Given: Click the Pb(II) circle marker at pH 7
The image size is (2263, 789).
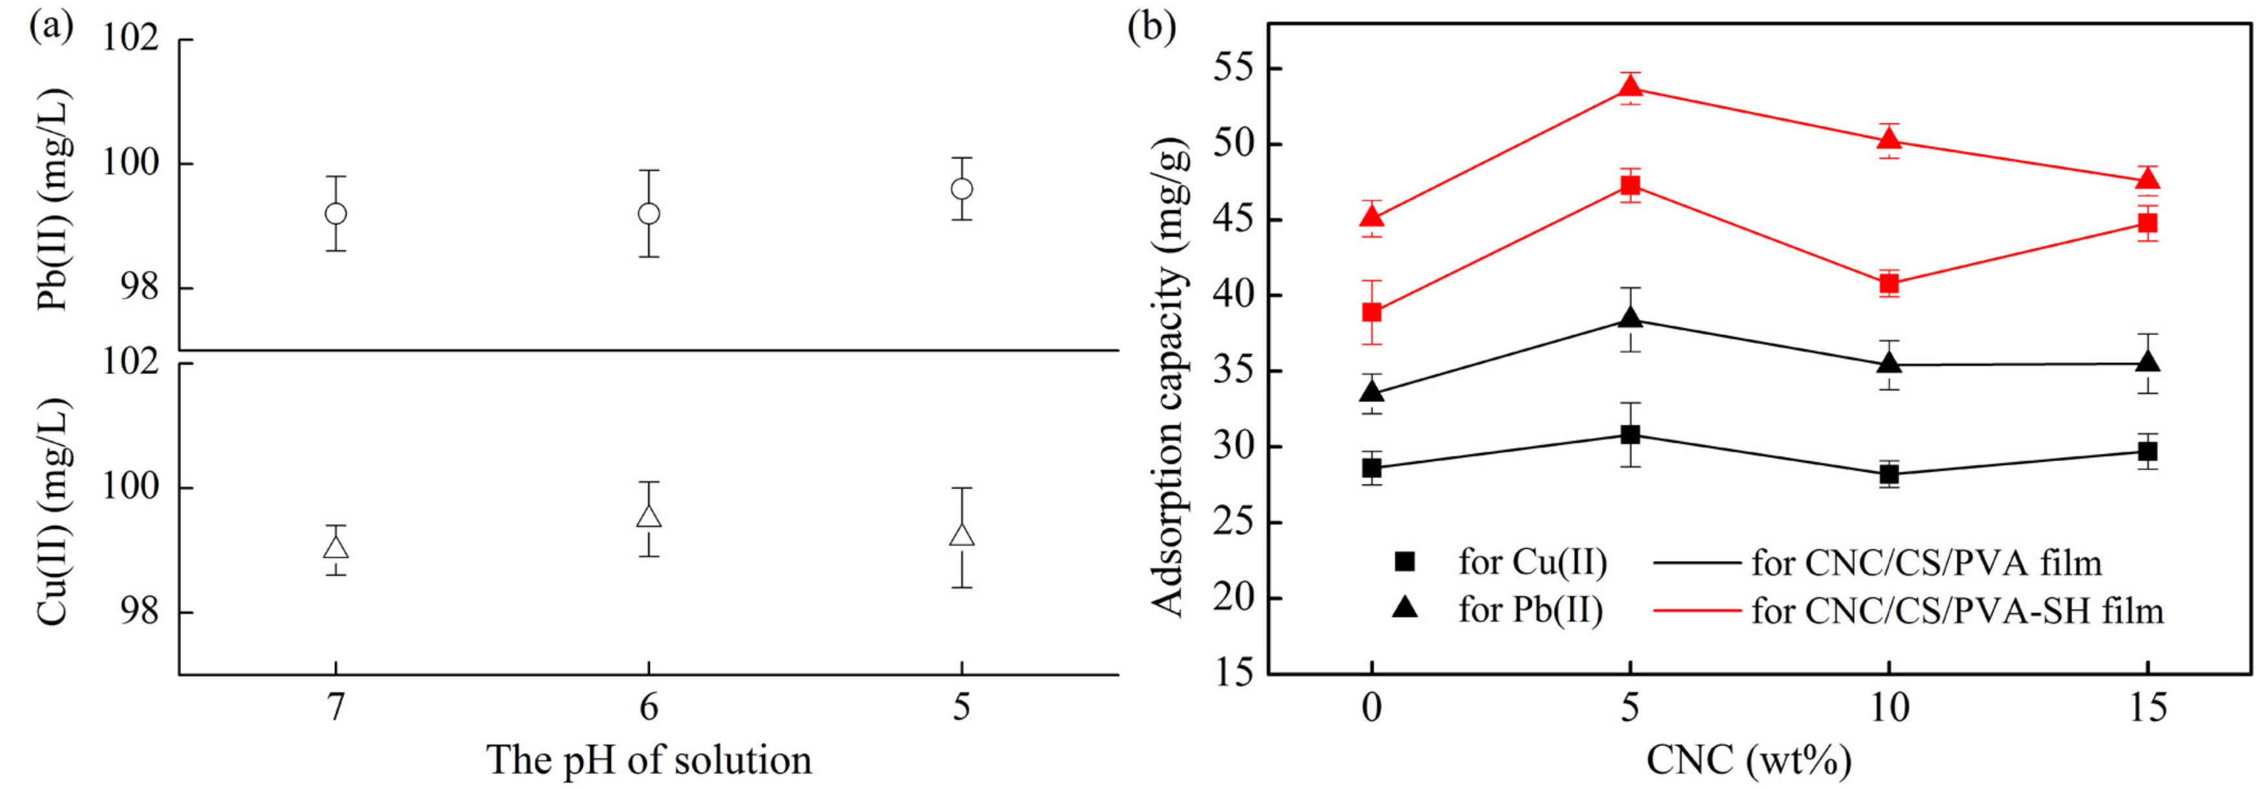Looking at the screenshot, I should click(336, 214).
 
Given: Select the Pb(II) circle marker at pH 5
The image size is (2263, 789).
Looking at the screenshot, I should click(962, 189).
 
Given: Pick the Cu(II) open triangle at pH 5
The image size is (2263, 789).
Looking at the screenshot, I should click(962, 535).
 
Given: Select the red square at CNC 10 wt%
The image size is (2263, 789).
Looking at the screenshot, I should click(1890, 284).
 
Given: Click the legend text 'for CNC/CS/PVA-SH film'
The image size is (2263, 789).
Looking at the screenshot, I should click(1957, 610).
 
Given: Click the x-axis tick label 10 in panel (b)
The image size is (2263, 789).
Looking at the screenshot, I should click(1890, 707).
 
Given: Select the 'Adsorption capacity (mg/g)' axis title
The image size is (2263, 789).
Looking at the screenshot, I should click(1169, 378).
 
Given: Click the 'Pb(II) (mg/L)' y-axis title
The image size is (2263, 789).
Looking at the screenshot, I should click(55, 200).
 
